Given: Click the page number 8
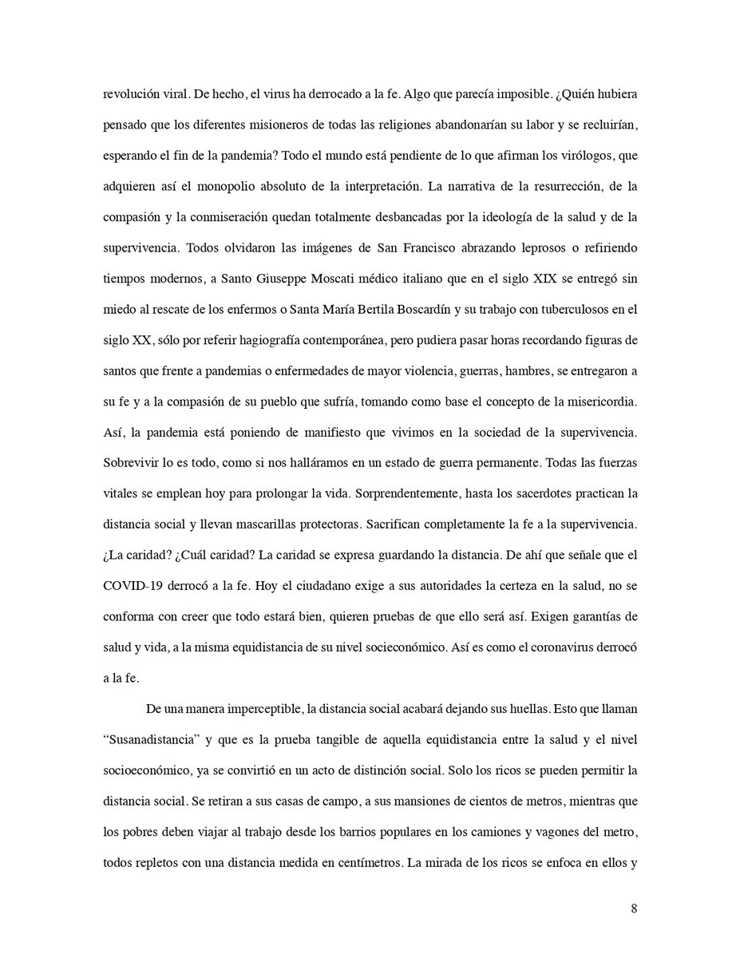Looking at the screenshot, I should coord(633,909).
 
